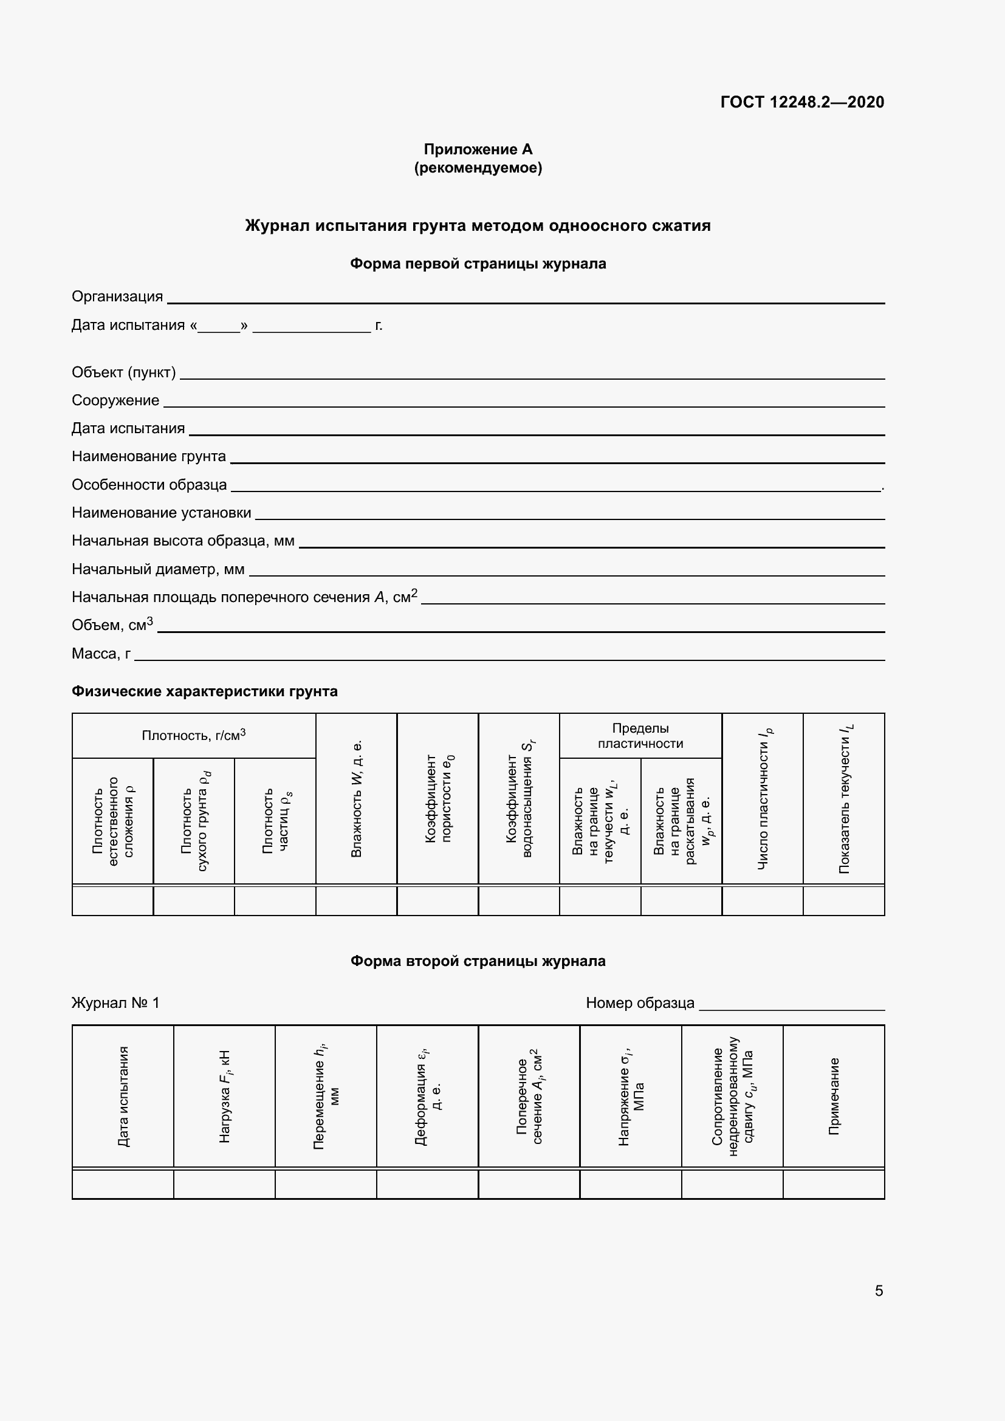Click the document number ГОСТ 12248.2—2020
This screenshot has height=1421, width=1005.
pyautogui.click(x=802, y=102)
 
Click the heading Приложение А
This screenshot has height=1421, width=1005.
pyautogui.click(x=478, y=149)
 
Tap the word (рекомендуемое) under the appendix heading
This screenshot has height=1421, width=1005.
pyautogui.click(x=478, y=168)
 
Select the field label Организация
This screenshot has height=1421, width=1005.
pyautogui.click(x=117, y=296)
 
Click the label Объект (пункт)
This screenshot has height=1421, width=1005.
pyautogui.click(x=123, y=372)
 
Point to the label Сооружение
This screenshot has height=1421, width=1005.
pyautogui.click(x=115, y=400)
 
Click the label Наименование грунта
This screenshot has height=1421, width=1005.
pyautogui.click(x=148, y=456)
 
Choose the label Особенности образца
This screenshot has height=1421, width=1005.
pyautogui.click(x=149, y=485)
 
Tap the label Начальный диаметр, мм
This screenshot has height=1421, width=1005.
pyautogui.click(x=158, y=569)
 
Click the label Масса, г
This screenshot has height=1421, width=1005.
pyautogui.click(x=101, y=654)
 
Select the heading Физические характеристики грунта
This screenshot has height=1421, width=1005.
pyautogui.click(x=204, y=691)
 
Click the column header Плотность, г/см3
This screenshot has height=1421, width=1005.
pyautogui.click(x=193, y=735)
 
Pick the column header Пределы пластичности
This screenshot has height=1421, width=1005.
pyautogui.click(x=640, y=735)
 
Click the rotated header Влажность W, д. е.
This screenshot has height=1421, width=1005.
pyautogui.click(x=357, y=798)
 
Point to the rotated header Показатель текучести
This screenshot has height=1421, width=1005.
pyautogui.click(x=844, y=798)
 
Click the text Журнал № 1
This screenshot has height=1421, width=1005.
pyautogui.click(x=115, y=1002)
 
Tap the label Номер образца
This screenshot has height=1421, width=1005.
pyautogui.click(x=639, y=1002)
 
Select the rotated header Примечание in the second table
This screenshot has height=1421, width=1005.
pyautogui.click(x=834, y=1096)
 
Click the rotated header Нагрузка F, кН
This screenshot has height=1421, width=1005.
pyautogui.click(x=225, y=1096)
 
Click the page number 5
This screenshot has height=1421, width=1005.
pyautogui.click(x=878, y=1291)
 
